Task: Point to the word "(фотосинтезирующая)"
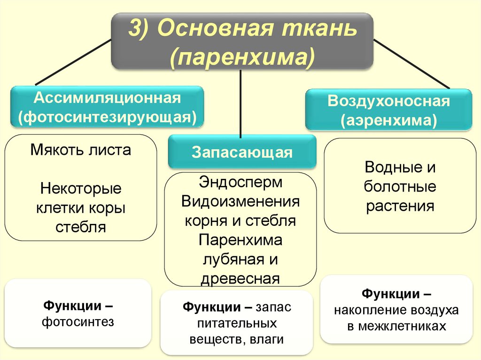[x=107, y=116]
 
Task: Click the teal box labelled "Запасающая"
[x=242, y=152]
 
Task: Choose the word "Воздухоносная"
[x=388, y=101]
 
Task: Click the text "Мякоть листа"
[x=81, y=150]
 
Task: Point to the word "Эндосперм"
[x=240, y=182]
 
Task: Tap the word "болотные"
[x=400, y=187]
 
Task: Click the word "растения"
[x=400, y=206]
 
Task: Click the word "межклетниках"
[x=396, y=326]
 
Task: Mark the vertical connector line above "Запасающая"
[x=241, y=103]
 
